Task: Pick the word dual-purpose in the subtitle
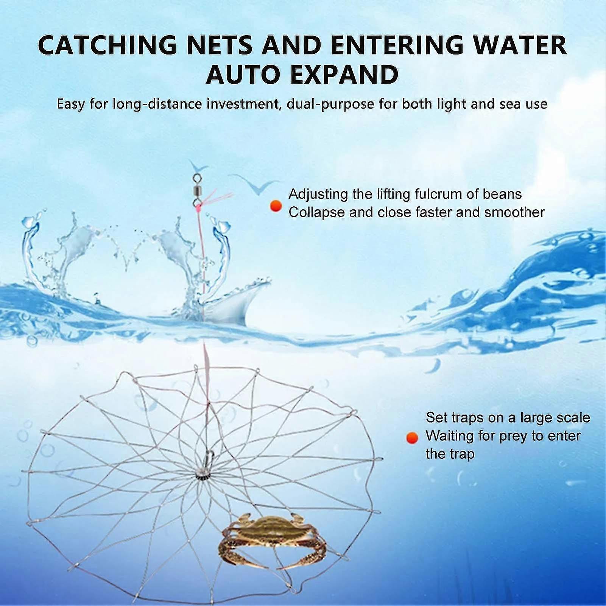pos(330,104)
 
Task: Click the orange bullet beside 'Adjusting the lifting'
pos(276,206)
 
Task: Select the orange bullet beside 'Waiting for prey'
pos(412,438)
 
